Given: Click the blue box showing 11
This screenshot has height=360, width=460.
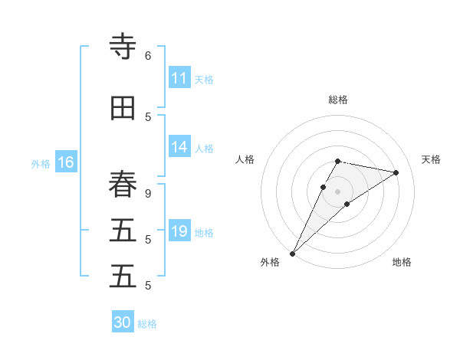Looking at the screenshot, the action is tap(179, 78).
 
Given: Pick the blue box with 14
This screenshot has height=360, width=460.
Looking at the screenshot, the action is tap(179, 147).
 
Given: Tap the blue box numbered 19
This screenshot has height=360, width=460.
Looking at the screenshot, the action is tap(179, 231).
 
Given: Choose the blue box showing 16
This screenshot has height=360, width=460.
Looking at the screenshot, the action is tap(66, 162).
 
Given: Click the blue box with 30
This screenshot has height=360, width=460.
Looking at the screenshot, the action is tap(123, 322).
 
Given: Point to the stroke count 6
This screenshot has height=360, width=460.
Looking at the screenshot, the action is tap(148, 56).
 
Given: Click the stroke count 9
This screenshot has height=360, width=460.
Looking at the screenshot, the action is tap(148, 194).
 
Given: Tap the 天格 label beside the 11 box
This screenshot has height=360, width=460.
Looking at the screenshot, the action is tap(204, 80).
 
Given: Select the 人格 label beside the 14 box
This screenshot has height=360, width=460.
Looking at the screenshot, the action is tap(204, 149).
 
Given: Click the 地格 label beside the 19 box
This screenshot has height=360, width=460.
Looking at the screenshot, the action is tap(204, 233).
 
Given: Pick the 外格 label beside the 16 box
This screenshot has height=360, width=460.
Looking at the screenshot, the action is tap(41, 163).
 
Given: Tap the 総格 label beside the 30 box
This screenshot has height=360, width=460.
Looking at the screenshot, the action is tap(147, 324).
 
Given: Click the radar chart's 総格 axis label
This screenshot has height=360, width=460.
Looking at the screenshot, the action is tap(338, 100).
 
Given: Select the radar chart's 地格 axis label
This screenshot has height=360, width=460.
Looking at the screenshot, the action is tap(402, 262).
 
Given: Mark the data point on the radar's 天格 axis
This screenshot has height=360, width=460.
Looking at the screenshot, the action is tap(396, 172).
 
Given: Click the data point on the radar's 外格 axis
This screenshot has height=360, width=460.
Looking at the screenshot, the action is tap(292, 253).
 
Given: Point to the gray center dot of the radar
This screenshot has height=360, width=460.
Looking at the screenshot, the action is tap(338, 191).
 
